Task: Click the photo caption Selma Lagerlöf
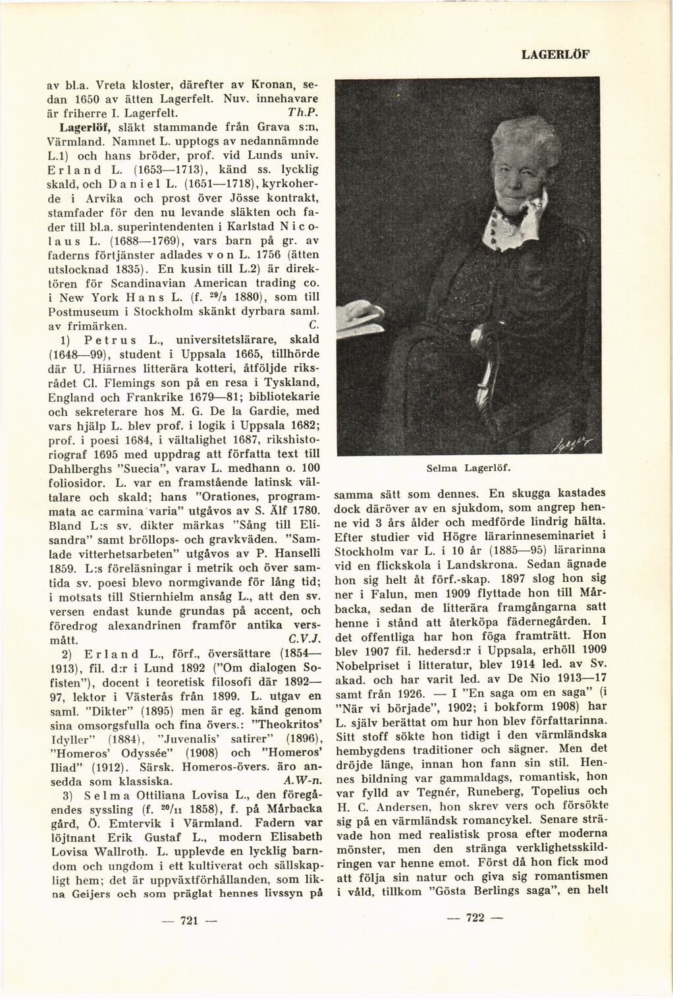coord(471,468)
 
